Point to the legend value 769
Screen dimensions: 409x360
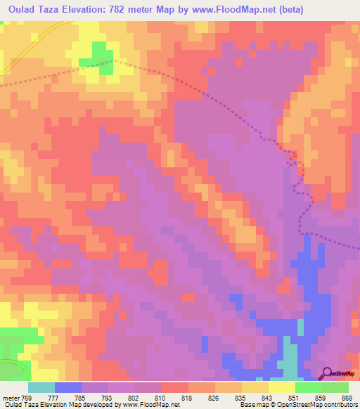[x=27, y=398]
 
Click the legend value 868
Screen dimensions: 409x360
[x=347, y=398]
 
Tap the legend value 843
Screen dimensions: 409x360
[x=267, y=398]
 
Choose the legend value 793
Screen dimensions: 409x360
[x=107, y=398]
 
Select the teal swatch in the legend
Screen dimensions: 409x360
[x=41, y=387]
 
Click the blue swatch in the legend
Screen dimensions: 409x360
[x=68, y=387]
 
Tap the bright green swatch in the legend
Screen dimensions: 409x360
[x=309, y=387]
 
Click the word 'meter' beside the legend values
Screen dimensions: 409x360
[x=8, y=398]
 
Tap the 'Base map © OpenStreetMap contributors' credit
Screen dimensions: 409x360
[x=299, y=405]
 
